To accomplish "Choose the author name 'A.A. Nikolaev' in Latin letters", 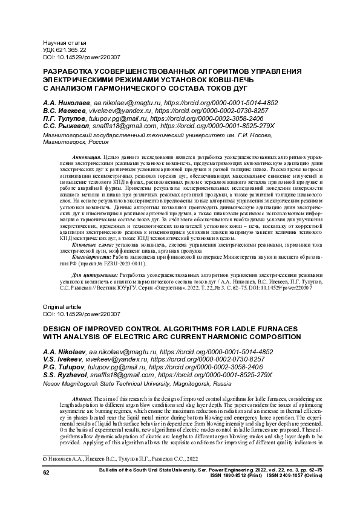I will [64, 351].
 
